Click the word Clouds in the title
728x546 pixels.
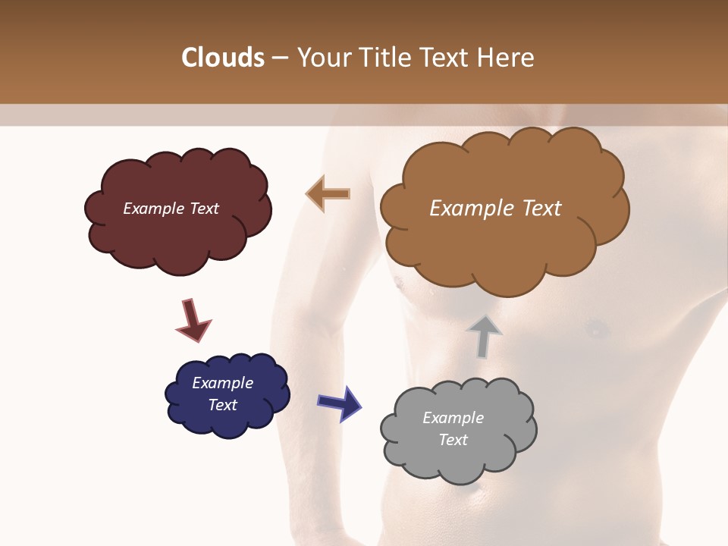(x=223, y=58)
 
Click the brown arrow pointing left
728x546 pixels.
(x=328, y=194)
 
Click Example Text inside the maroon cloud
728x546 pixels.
(x=171, y=209)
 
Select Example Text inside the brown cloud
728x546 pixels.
(x=495, y=209)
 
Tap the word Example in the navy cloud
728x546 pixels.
(x=222, y=383)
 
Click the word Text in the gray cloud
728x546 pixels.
(x=453, y=440)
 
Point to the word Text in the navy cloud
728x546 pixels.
(x=222, y=405)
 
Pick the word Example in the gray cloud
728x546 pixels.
(x=453, y=418)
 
